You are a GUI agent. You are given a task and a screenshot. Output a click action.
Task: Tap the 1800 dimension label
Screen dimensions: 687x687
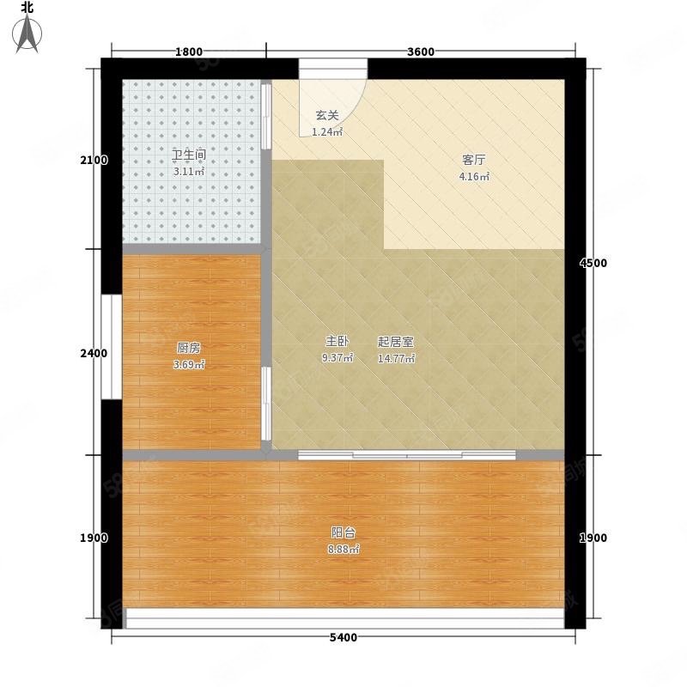point(189,52)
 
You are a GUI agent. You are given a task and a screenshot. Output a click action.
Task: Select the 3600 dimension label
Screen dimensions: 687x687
point(421,52)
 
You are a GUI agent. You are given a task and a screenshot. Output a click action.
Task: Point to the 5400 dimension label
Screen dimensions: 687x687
point(343,637)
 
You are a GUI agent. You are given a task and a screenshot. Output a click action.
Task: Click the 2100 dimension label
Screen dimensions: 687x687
point(94,161)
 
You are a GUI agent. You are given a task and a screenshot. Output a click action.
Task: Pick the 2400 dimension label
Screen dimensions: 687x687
point(94,353)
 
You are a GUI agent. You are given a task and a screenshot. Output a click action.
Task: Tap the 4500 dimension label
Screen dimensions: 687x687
point(593,263)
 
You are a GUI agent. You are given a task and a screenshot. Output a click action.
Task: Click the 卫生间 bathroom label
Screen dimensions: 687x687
point(189,155)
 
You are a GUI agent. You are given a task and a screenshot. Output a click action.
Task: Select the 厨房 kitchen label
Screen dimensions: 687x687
point(189,349)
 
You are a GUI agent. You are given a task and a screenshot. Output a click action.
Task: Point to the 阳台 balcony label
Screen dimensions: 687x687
point(343,532)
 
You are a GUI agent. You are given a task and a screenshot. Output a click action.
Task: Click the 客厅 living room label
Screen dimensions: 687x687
point(474,160)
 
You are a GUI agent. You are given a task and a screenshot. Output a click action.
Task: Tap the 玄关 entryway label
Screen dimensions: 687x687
point(327,116)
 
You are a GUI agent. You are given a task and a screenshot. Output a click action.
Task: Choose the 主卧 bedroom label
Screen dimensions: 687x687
point(337,341)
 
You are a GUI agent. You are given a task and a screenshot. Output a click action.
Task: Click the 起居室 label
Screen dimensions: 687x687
point(396,341)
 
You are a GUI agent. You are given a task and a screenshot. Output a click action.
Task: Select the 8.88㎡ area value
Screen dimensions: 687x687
point(343,550)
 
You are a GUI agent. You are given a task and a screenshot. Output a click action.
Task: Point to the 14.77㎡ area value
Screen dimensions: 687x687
point(397,358)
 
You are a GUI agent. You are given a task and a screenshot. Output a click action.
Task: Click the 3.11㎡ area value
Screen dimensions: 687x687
point(189,172)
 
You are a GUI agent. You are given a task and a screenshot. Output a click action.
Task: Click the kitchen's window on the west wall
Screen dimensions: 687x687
point(112,347)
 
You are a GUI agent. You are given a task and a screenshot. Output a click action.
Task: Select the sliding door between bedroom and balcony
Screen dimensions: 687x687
point(407,455)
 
